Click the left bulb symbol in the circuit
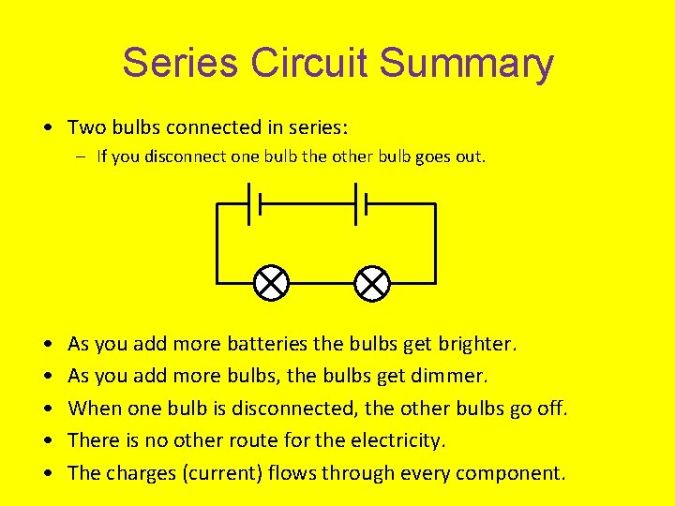(272, 282)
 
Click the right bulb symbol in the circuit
(372, 282)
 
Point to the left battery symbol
(254, 203)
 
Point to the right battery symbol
(359, 203)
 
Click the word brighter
(476, 344)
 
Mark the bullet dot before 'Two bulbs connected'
(46, 126)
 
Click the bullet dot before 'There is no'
(46, 440)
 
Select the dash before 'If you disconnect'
(84, 156)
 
